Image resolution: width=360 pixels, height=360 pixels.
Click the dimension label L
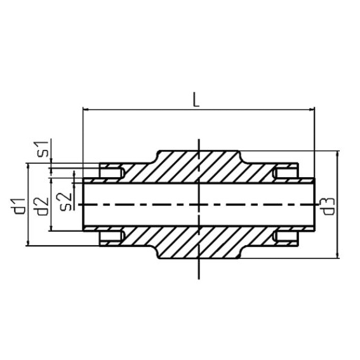[x=197, y=100]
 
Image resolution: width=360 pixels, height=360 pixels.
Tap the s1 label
[x=42, y=150]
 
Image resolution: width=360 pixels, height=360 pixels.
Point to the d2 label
[x=42, y=205]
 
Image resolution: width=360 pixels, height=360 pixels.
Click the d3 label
[x=328, y=205]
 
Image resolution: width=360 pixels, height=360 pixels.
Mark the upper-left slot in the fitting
[x=112, y=171]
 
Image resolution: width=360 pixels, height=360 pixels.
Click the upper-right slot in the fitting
[x=285, y=171]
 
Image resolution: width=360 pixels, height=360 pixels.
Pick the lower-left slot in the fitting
[x=112, y=237]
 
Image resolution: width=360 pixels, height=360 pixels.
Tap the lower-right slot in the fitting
[x=285, y=237]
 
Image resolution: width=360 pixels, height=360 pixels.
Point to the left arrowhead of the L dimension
[x=87, y=110]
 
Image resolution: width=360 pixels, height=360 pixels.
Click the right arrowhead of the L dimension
[x=312, y=110]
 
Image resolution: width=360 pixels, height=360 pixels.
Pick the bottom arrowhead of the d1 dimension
[x=29, y=242]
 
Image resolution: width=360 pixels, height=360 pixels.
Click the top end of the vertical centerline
[x=199, y=139]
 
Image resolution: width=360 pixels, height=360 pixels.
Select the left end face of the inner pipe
[x=84, y=205]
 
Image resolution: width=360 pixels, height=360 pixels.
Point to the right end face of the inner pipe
[x=315, y=205]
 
